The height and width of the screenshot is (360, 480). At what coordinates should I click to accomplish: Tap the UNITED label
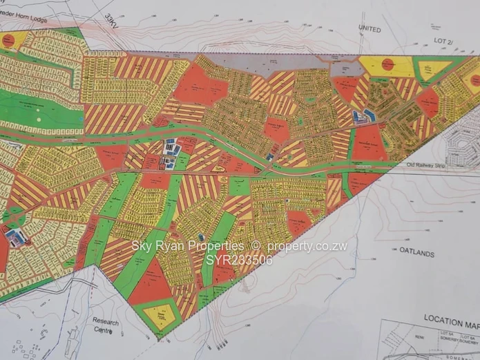[x=369, y=29]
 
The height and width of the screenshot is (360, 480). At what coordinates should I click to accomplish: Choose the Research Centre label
[x=106, y=326]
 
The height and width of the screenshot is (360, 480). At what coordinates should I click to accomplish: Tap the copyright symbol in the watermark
[x=254, y=246]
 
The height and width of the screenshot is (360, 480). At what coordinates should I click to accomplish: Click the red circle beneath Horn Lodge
[x=8, y=40]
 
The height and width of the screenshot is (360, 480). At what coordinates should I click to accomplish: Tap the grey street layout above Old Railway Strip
[x=459, y=144]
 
